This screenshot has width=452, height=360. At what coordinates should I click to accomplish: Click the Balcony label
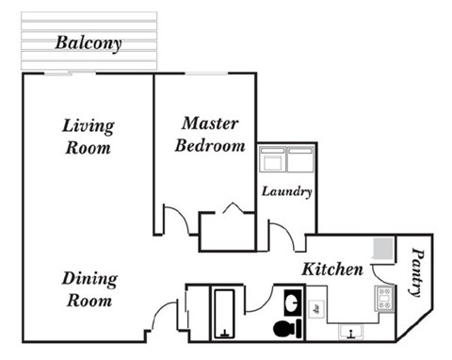coord(88,43)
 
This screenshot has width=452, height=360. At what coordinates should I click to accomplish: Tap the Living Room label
coord(88,137)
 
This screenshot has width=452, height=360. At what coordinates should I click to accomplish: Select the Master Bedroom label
coord(212,135)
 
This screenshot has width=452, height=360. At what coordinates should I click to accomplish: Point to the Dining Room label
coord(89,289)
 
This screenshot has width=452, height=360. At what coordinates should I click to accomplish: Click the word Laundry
coord(286,192)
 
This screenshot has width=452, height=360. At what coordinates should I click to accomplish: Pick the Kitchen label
coord(331,270)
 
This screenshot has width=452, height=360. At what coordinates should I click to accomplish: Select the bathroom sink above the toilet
coord(290,304)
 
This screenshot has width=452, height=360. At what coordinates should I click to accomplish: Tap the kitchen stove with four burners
coord(383,300)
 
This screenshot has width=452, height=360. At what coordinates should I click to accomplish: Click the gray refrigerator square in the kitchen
coord(380,248)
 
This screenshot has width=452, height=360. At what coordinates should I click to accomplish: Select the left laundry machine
coord(272,160)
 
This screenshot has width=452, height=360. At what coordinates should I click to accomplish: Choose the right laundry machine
coord(299,160)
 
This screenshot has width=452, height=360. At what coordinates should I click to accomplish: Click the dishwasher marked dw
coord(318,306)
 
